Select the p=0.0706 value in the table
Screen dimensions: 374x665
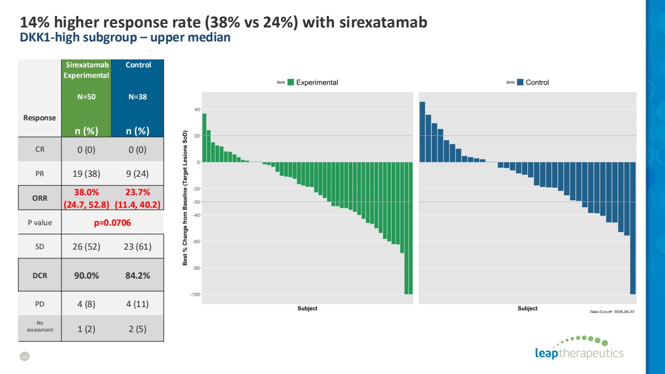point(113,223)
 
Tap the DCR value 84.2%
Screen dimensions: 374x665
point(138,275)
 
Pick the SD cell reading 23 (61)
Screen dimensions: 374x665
point(138,247)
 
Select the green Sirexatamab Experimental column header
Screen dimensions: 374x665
point(86,70)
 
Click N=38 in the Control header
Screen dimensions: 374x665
point(138,97)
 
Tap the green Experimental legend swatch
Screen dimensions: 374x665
point(291,82)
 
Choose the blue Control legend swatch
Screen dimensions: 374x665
point(521,82)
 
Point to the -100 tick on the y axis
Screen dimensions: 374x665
point(196,295)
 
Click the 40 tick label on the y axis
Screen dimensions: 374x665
point(198,109)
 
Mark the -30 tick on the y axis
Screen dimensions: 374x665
point(196,202)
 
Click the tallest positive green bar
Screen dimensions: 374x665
point(204,138)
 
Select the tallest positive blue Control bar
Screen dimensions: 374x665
point(422,132)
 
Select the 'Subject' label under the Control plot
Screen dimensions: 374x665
point(527,309)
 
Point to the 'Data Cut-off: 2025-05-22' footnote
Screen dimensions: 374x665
point(612,311)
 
